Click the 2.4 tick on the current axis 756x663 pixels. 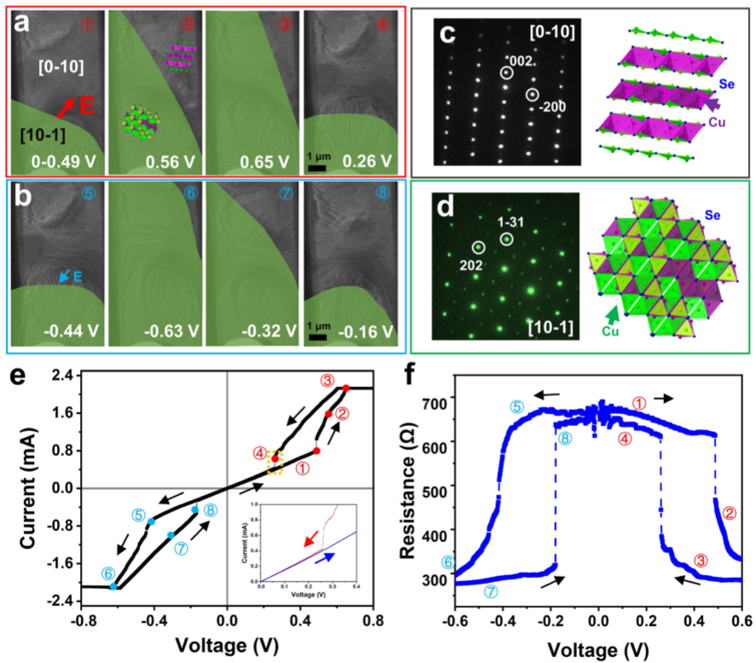60,375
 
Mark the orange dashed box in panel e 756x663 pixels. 274,461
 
